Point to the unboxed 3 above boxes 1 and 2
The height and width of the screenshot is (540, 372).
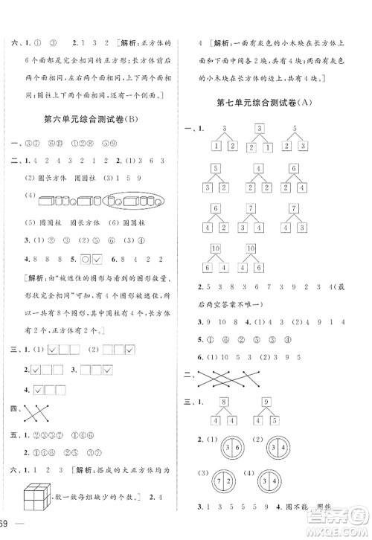[x=222, y=129]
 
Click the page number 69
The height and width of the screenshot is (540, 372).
[x=6, y=527]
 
